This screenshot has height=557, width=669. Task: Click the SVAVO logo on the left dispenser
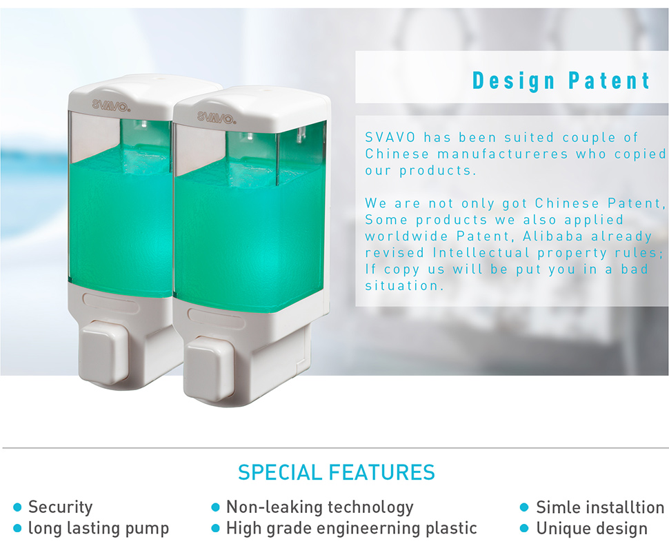click(111, 105)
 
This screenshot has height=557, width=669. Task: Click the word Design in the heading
click(514, 81)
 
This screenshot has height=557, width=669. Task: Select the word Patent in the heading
click(609, 81)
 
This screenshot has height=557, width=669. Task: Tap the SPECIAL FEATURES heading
click(336, 473)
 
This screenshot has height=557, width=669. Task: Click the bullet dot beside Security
click(17, 507)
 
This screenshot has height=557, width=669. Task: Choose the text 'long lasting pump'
click(99, 528)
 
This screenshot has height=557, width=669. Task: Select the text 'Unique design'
click(592, 529)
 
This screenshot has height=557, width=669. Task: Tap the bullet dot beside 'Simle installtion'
click(524, 507)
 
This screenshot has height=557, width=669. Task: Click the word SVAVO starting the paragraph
click(390, 137)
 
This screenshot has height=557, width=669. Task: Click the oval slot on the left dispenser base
click(110, 303)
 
